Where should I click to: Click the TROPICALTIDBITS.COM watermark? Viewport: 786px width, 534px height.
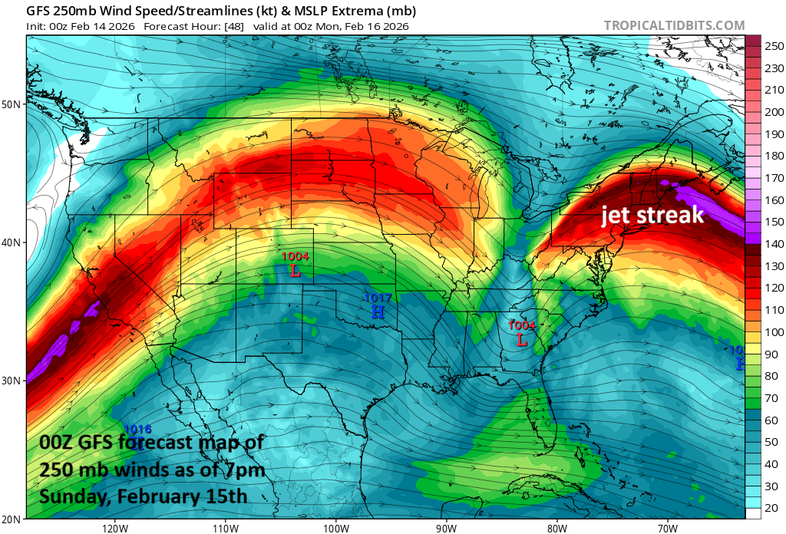674,25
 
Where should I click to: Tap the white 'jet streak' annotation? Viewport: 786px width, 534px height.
652,215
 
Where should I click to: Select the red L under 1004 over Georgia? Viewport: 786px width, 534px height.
522,338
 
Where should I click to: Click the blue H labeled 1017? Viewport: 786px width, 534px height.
377,311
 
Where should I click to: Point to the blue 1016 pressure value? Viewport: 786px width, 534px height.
137,430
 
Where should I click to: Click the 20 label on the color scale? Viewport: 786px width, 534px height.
769,508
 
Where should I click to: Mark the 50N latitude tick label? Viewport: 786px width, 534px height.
12,104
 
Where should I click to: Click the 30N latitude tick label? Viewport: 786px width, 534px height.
12,381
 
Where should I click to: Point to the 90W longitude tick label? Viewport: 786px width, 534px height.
446,528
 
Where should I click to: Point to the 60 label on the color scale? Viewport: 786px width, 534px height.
769,420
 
